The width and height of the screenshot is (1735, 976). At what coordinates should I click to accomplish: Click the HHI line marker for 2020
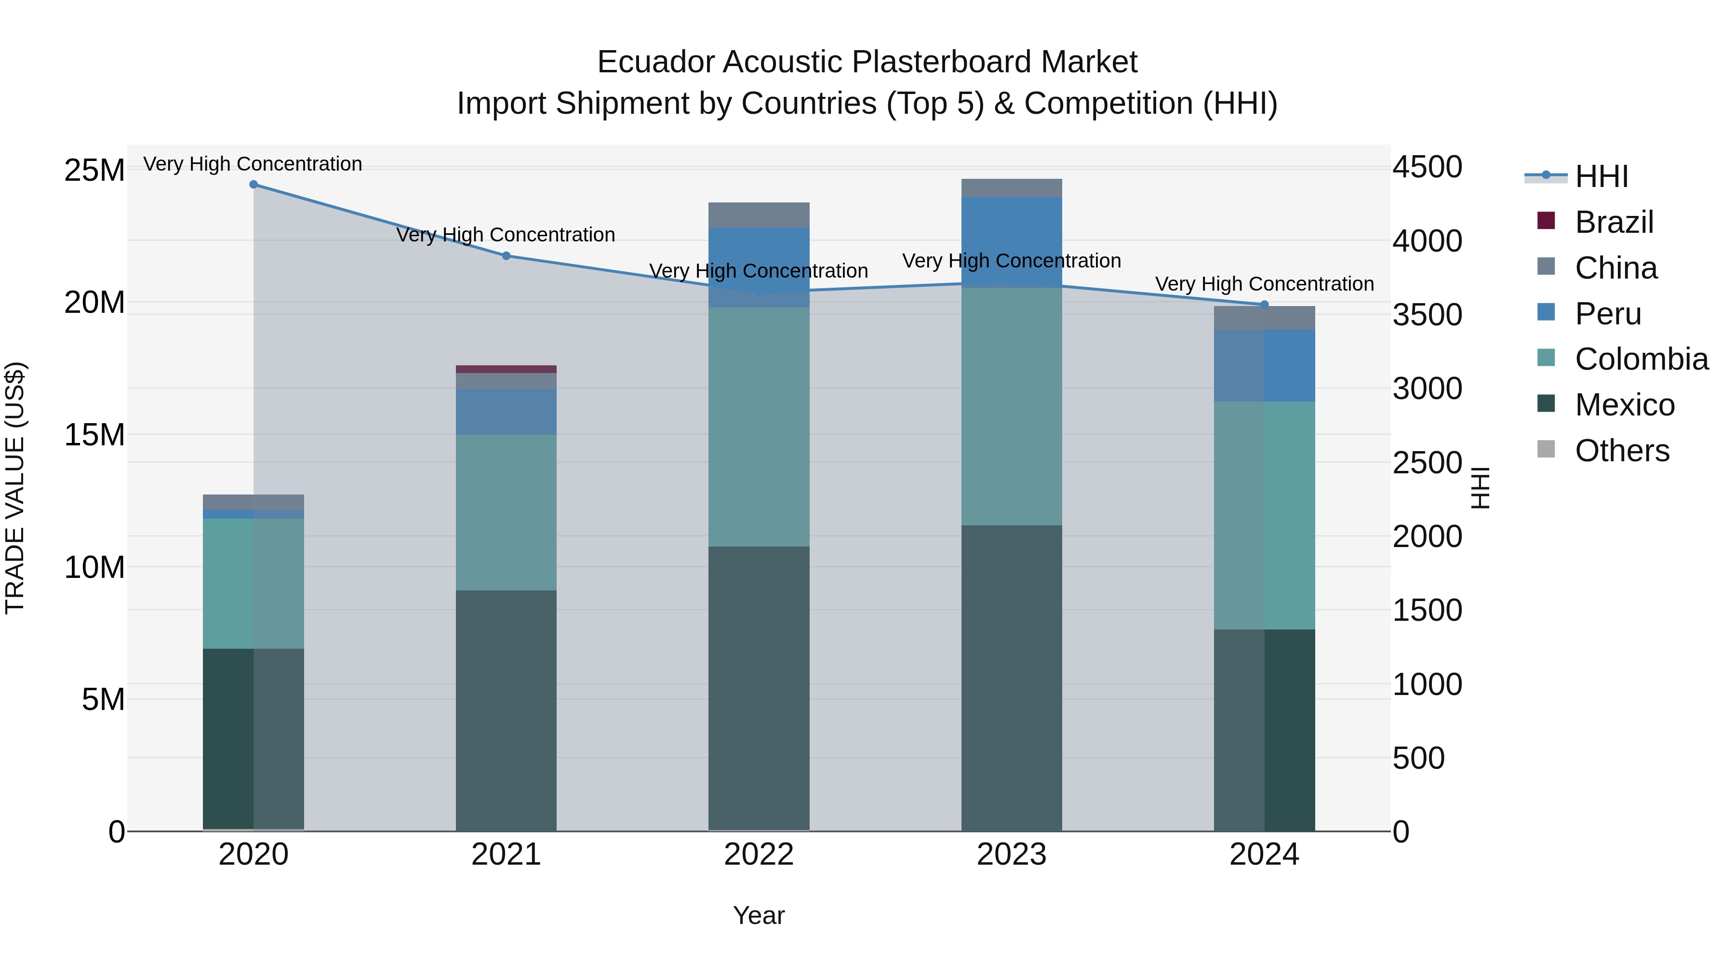coord(253,185)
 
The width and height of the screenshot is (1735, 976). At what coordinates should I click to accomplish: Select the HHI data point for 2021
coord(507,256)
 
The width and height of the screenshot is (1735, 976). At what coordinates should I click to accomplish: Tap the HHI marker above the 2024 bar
coord(1264,305)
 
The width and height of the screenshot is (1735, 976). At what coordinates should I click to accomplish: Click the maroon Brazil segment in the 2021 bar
coord(507,369)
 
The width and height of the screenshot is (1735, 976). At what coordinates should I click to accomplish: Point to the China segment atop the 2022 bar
coord(759,215)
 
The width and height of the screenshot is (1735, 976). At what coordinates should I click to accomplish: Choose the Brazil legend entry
coord(1614,222)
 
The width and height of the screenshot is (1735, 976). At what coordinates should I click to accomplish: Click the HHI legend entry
coord(1601,176)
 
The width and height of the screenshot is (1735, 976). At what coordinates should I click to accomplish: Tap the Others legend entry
coord(1622,451)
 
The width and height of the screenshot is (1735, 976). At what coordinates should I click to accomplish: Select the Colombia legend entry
coord(1641,359)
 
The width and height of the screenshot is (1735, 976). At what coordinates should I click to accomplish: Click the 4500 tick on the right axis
coord(1427,167)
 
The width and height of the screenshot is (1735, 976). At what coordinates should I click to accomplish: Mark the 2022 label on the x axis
coord(759,855)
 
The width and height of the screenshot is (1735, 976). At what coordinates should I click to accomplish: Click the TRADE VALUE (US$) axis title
coord(15,488)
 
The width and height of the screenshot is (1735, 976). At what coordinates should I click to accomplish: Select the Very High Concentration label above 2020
coord(253,164)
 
